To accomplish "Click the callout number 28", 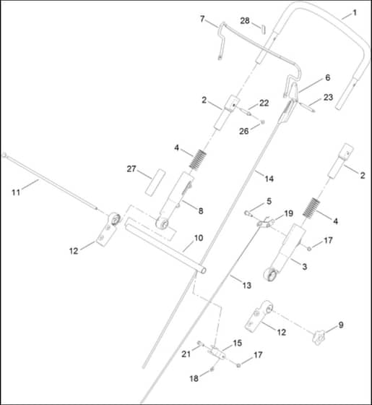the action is (x=245, y=21).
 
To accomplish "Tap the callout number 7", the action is (x=202, y=19).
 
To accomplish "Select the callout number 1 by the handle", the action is (x=355, y=13).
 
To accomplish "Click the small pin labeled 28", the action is (x=263, y=29).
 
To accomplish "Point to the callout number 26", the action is (x=244, y=131).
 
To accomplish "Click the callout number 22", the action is (x=264, y=103).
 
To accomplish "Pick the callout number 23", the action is (x=328, y=98).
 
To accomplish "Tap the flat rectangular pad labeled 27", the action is (x=155, y=182).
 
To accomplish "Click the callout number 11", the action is (x=16, y=192).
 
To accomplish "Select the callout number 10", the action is (x=199, y=238).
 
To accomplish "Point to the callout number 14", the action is (x=269, y=179).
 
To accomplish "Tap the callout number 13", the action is (x=246, y=285).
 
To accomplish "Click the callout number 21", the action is (x=186, y=354).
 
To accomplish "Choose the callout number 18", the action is (x=194, y=379).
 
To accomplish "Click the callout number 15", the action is (x=238, y=343).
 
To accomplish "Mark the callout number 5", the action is (x=269, y=201).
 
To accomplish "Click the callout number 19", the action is (x=288, y=213).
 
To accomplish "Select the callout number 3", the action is (x=304, y=267).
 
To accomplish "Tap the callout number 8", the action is (x=201, y=211).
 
